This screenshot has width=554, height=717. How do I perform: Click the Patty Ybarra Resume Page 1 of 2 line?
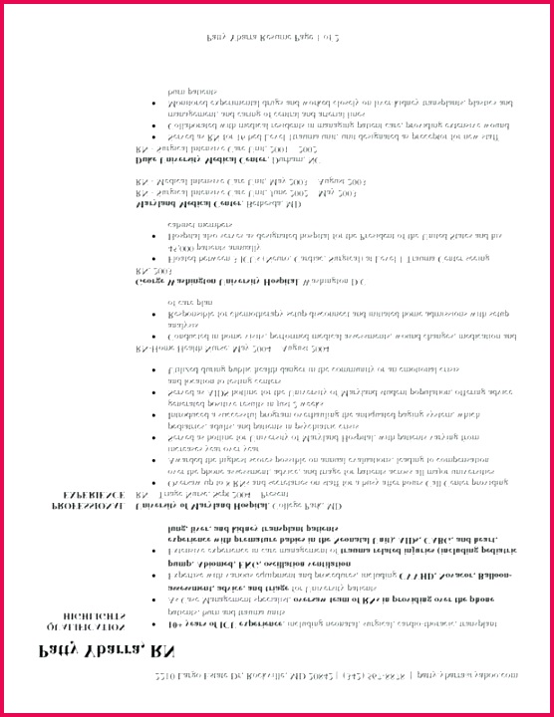[274, 37]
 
